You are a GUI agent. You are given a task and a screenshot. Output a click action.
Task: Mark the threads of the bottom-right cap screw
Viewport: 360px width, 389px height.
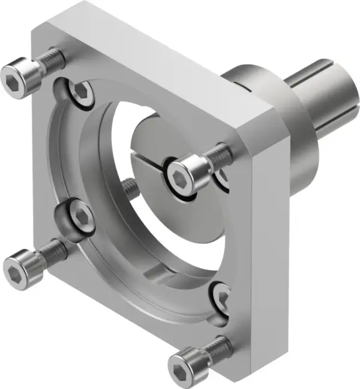coord(217,344)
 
